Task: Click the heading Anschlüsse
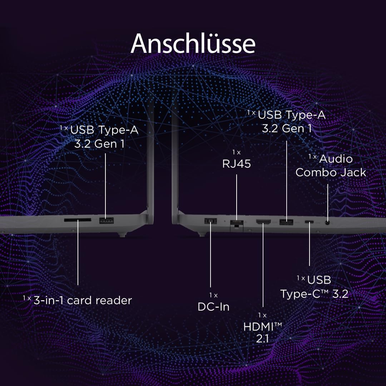point(193,44)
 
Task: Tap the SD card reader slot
point(77,220)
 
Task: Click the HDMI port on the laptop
point(263,222)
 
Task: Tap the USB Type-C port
point(310,222)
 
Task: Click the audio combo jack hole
point(327,223)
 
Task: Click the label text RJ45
point(237,164)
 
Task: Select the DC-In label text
point(213,307)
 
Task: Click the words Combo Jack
point(331,172)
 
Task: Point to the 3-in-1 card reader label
point(83,300)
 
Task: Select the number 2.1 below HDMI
point(262,338)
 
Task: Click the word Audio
point(336,159)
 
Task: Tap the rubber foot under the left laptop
point(122,234)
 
